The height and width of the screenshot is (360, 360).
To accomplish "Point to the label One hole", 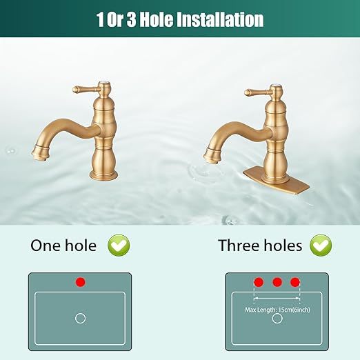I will (63, 245).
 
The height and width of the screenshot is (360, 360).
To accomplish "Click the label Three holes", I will (260, 245).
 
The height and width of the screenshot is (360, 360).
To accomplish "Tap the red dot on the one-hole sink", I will (81, 282).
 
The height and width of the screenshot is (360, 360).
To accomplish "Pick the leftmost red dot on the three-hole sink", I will (259, 282).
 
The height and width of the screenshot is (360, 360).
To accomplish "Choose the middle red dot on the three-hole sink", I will (277, 282).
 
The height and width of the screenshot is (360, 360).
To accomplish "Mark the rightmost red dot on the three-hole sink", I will (295, 282).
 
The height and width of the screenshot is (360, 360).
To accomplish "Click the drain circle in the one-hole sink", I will (80, 318).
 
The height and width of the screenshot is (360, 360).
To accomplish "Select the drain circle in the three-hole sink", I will (277, 318).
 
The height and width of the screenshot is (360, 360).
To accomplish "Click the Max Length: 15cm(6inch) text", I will (277, 309).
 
